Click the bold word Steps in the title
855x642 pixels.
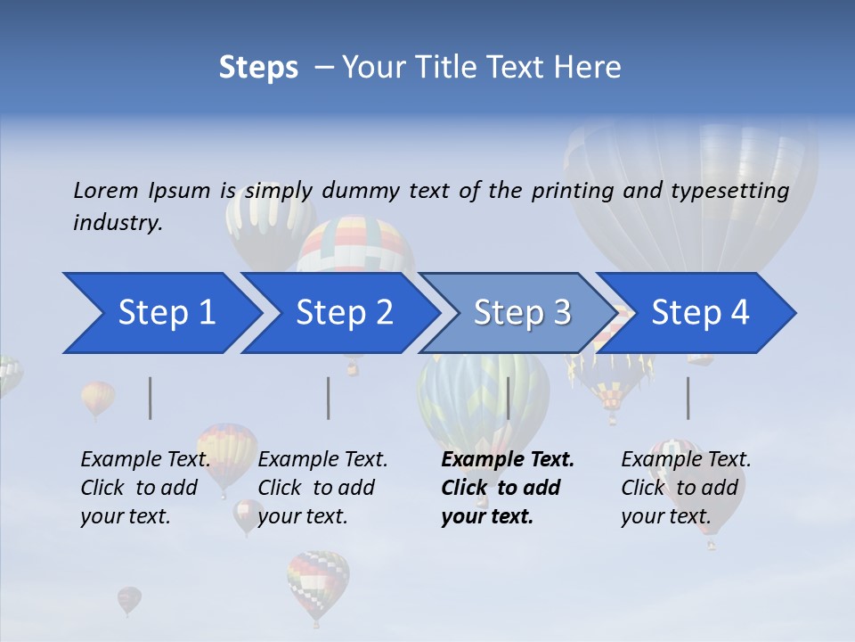257,68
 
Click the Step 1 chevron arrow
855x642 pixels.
160,313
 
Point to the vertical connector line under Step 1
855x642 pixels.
151,398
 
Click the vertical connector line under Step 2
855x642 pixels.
329,398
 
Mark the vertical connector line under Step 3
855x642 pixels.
508,398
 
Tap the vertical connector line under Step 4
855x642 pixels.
688,398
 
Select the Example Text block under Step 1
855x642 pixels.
145,488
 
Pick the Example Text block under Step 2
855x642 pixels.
322,488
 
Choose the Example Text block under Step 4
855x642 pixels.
685,488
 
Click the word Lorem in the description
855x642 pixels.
106,190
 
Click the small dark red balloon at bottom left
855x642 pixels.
129,598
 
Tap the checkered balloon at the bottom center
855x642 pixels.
317,583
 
